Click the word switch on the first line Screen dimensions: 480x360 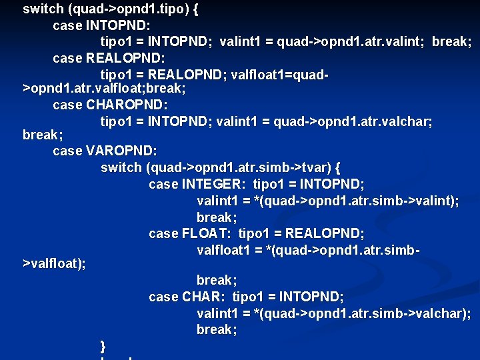[x=43, y=9]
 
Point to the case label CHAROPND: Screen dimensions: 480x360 [x=127, y=105]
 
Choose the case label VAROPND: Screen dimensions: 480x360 [x=121, y=151]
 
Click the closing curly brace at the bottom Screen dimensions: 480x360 [x=103, y=345]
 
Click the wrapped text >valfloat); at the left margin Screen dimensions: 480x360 [x=54, y=264]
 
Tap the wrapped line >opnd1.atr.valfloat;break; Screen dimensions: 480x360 [x=105, y=88]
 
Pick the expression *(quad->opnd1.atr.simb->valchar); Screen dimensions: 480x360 [x=363, y=313]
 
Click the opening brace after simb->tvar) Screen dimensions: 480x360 [x=337, y=167]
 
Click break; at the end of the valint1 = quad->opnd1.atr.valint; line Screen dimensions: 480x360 [x=451, y=41]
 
